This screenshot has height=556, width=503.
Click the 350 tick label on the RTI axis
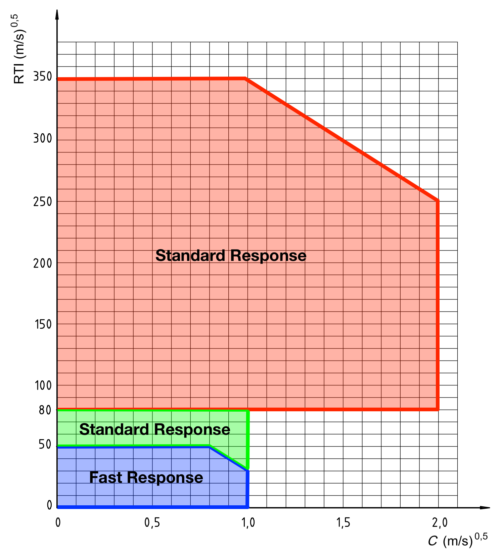pos(43,77)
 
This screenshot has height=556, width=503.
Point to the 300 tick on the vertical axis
pos(43,139)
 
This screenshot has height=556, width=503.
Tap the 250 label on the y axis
pos(43,202)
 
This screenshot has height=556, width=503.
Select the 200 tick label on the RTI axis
pos(43,264)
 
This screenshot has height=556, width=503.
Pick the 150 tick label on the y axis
pos(43,325)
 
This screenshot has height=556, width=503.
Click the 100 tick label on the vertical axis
pos(43,386)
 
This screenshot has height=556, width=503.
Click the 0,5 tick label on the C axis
pos(152,523)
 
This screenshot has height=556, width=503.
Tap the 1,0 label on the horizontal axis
pos(248,523)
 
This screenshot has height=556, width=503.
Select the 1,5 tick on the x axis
pos(343,523)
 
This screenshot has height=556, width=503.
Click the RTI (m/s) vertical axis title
pos(19,50)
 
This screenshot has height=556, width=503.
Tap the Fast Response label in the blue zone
pos(146,477)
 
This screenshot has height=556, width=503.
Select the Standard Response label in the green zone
pos(154,429)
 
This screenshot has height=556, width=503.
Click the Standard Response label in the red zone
pos(231,256)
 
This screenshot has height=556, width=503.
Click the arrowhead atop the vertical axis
pos(57,15)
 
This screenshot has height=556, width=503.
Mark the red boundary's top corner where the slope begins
pos(245,79)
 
